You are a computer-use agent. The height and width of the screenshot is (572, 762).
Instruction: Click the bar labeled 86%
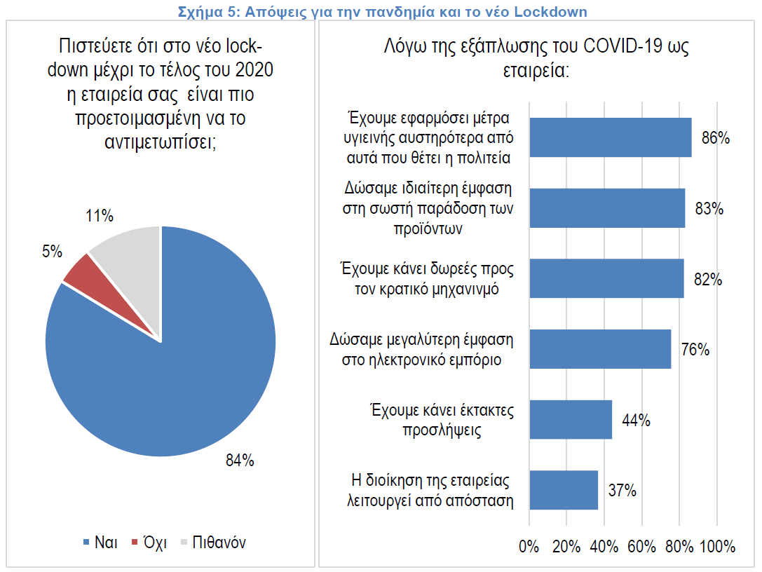click(x=610, y=137)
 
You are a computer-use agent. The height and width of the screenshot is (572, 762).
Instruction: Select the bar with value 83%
click(x=607, y=208)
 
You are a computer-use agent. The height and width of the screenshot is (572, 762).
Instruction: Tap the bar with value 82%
click(x=606, y=278)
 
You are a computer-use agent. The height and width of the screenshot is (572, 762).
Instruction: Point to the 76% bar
click(x=600, y=349)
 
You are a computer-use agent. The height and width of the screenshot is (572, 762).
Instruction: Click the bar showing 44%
click(x=571, y=419)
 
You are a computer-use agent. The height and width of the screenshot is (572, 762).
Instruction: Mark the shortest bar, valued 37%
click(x=564, y=490)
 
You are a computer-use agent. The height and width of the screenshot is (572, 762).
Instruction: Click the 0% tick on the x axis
click(x=529, y=547)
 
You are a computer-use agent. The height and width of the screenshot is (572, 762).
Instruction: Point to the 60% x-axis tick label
click(x=642, y=547)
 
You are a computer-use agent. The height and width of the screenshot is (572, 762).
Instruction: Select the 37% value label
click(x=622, y=491)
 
